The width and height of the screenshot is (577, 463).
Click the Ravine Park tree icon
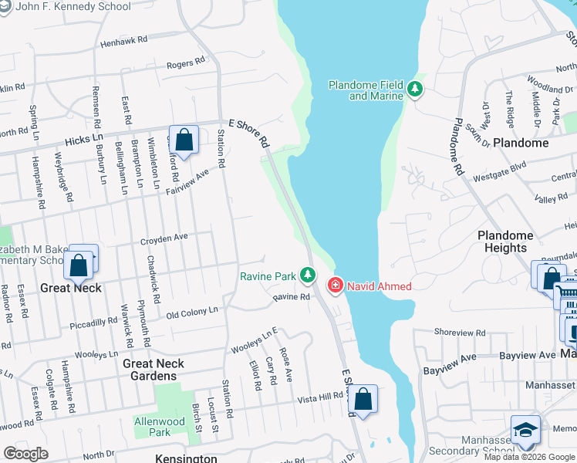click(x=308, y=275)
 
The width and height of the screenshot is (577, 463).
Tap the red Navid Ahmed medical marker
click(x=336, y=286)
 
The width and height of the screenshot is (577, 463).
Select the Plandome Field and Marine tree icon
click(x=416, y=90)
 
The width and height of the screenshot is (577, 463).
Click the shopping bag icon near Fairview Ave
click(x=184, y=140)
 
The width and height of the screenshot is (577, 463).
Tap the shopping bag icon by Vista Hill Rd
click(x=363, y=400)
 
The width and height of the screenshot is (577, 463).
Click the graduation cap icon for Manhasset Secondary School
click(x=525, y=431)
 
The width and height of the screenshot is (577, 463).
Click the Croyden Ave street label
click(x=164, y=240)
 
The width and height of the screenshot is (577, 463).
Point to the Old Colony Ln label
click(x=192, y=311)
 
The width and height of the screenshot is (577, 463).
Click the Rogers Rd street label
click(x=186, y=62)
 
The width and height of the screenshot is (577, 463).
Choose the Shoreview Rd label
click(x=460, y=333)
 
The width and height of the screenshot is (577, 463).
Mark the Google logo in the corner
click(x=25, y=453)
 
